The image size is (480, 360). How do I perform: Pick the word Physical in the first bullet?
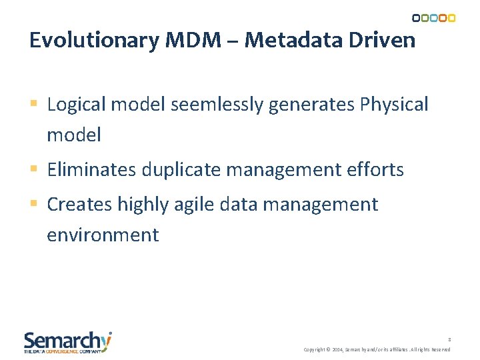point(393,105)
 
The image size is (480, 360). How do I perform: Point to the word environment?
point(103,235)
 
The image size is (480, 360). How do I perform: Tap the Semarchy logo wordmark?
point(67,341)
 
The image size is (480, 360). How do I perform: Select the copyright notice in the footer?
point(377,349)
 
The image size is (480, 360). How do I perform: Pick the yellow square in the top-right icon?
point(451,18)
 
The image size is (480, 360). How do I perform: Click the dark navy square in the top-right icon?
point(416,18)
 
